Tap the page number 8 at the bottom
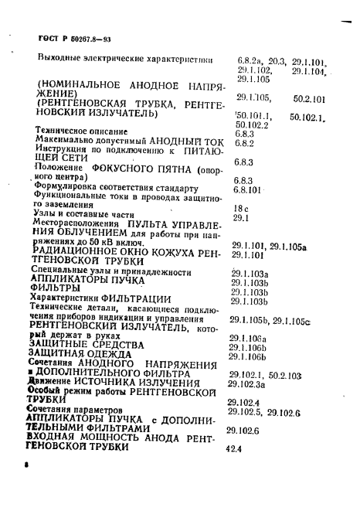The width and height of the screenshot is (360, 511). (x=26, y=466)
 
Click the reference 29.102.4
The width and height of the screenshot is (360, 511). (x=243, y=402)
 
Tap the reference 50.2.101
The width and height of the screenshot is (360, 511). (x=310, y=100)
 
